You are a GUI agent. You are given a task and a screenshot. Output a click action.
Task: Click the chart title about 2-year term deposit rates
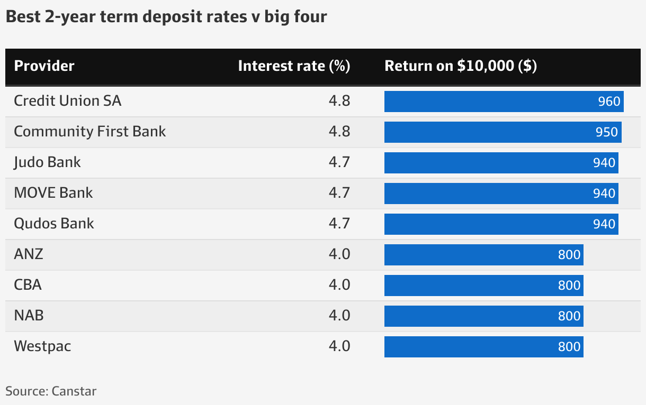[x=166, y=17]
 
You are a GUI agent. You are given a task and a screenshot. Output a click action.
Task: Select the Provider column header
[x=44, y=66]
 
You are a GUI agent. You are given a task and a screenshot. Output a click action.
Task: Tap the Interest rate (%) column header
[x=294, y=66]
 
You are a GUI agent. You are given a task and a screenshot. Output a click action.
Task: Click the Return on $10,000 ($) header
[x=461, y=66]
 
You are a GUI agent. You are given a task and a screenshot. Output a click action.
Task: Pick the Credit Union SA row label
[x=67, y=101]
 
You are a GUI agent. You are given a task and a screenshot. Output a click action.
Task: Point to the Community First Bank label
[x=89, y=132]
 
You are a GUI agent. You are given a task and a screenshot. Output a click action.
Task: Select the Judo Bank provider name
[x=47, y=162]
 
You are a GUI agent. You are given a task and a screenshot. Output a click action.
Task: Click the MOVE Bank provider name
[x=53, y=193]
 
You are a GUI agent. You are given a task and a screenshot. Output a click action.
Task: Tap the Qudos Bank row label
[x=53, y=224]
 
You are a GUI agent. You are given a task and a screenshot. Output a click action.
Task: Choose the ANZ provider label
[x=28, y=254]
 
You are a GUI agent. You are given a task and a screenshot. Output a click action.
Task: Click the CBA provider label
[x=28, y=285]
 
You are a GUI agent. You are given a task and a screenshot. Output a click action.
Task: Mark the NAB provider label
[x=29, y=316]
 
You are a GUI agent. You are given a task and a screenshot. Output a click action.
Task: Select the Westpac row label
[x=42, y=346]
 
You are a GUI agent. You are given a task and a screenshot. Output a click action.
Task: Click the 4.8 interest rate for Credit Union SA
[x=339, y=101]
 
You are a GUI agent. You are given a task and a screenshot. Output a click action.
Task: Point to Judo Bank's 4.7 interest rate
[x=339, y=162]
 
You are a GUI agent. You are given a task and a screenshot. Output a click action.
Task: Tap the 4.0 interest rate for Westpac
[x=339, y=346]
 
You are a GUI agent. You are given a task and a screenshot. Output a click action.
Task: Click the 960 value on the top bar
[x=609, y=102]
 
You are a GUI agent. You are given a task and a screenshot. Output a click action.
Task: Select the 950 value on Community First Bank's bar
[x=606, y=132]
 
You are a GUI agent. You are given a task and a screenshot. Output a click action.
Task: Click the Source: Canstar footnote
[x=51, y=392]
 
